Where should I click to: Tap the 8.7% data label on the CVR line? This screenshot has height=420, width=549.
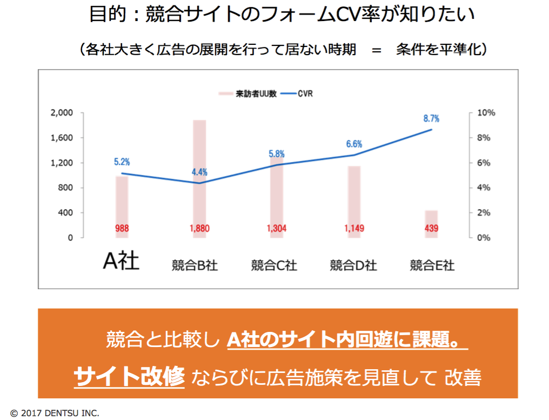pyautogui.click(x=431, y=119)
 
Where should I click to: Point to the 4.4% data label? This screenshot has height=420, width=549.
pyautogui.click(x=199, y=172)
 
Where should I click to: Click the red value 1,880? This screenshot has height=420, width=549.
pyautogui.click(x=199, y=229)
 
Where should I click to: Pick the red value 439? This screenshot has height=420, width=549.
pyautogui.click(x=431, y=229)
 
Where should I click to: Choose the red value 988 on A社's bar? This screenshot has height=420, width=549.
pyautogui.click(x=122, y=229)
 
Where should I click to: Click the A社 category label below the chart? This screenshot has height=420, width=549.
pyautogui.click(x=122, y=261)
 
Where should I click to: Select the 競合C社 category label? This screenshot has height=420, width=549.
pyautogui.click(x=274, y=265)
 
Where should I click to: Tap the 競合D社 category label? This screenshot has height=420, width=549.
pyautogui.click(x=353, y=265)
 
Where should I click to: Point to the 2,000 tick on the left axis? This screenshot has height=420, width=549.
pyautogui.click(x=61, y=113)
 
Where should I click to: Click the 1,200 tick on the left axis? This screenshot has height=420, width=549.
pyautogui.click(x=61, y=163)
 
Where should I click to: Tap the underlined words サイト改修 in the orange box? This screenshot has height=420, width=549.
pyautogui.click(x=129, y=376)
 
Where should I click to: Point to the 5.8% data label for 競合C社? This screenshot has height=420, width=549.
pyautogui.click(x=277, y=154)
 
